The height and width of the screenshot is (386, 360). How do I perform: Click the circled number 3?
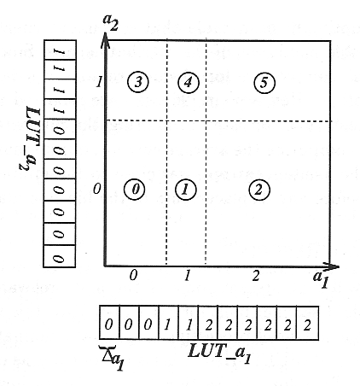point(138,82)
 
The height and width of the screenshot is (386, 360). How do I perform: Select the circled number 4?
point(189,82)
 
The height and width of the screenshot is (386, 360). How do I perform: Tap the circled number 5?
point(264,83)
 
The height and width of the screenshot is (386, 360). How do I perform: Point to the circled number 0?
point(135,190)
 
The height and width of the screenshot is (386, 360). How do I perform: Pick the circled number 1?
point(186,190)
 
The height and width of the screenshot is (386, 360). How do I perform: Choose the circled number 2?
point(259,190)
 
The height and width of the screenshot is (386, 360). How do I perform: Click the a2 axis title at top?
point(110,22)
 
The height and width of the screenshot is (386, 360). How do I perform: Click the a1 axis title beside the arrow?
point(322,279)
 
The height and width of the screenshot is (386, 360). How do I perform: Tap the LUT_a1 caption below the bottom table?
point(219,353)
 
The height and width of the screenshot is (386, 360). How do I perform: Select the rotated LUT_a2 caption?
point(30,138)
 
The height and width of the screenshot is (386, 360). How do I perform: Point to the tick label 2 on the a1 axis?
point(256,276)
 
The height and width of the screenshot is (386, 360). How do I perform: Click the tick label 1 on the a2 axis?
point(99,83)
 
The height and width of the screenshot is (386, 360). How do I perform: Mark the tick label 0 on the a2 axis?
point(97,189)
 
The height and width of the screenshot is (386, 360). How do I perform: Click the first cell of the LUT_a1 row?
point(109,323)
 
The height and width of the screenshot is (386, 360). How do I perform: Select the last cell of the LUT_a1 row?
point(307,323)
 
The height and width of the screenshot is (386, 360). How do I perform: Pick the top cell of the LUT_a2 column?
point(60,50)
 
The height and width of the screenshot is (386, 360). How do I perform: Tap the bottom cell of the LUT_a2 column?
point(60,256)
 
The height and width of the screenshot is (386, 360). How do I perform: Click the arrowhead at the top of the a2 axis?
point(106,39)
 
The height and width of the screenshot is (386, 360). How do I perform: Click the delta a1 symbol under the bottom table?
point(113,357)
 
